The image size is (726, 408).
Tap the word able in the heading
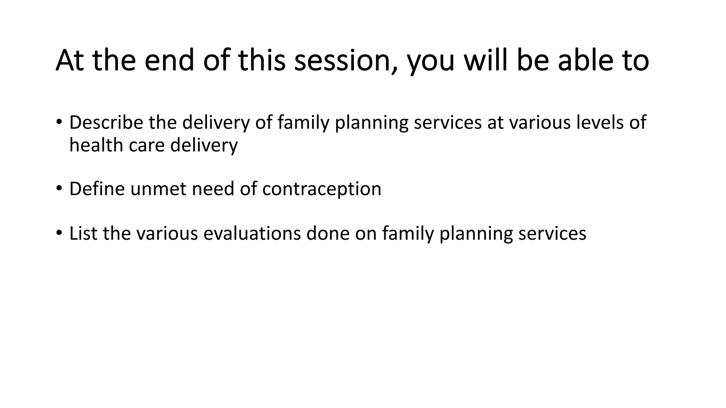tap(581, 60)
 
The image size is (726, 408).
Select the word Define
tap(97, 189)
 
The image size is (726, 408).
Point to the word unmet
tap(158, 189)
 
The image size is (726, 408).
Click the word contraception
tap(322, 189)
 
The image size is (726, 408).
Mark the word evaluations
tap(252, 234)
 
